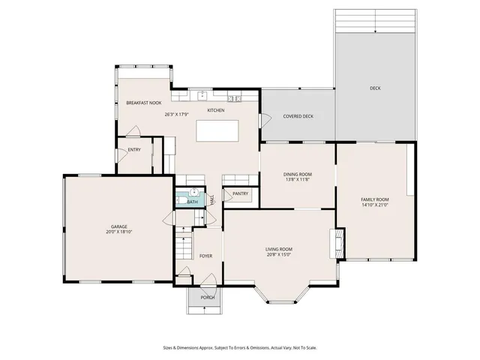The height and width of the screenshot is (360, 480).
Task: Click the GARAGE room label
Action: (119, 226)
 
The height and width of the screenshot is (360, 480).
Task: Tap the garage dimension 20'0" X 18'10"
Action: (119, 232)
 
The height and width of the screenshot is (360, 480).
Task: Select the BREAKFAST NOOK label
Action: (143, 103)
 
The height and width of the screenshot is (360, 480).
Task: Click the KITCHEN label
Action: (216, 110)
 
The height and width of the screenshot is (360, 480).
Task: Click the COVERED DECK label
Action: (298, 116)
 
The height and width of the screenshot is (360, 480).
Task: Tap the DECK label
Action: (375, 88)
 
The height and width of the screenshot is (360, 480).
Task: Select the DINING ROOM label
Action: (298, 174)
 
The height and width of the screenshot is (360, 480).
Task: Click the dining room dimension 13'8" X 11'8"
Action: (298, 180)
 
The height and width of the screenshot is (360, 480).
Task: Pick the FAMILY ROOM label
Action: (375, 199)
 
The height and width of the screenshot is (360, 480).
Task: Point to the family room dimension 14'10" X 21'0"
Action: (375, 205)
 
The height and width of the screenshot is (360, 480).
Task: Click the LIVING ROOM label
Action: (278, 249)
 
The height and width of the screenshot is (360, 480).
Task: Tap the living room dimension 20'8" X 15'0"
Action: (278, 255)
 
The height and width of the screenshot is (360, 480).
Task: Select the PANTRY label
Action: (241, 194)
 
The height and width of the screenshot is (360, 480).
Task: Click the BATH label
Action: (192, 202)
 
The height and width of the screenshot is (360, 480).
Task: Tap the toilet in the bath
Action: (193, 192)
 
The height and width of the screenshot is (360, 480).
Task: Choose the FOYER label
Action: (205, 256)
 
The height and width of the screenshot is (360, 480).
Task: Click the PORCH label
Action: (207, 298)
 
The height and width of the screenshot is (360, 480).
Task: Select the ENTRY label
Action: (134, 150)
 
